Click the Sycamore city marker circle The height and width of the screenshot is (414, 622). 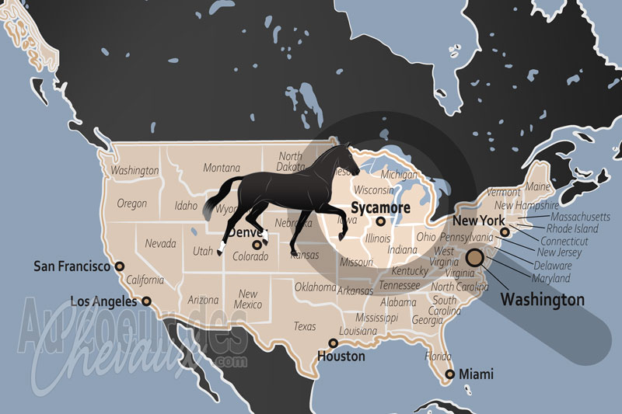[380, 221]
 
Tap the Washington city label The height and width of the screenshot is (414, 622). [542, 299]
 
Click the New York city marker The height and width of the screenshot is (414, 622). [505, 231]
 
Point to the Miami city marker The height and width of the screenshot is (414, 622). [449, 375]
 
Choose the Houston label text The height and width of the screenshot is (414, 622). [341, 357]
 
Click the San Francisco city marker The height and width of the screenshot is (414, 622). [119, 266]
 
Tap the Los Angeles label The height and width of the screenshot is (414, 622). [104, 301]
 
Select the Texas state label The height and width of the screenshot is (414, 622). [305, 326]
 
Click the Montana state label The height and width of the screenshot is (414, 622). [222, 168]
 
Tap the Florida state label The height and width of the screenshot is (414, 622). [439, 357]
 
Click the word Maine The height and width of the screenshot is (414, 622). [537, 186]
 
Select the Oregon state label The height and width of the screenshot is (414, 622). [131, 204]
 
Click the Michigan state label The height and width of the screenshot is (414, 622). [399, 175]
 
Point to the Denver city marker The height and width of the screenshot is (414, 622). [256, 245]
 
